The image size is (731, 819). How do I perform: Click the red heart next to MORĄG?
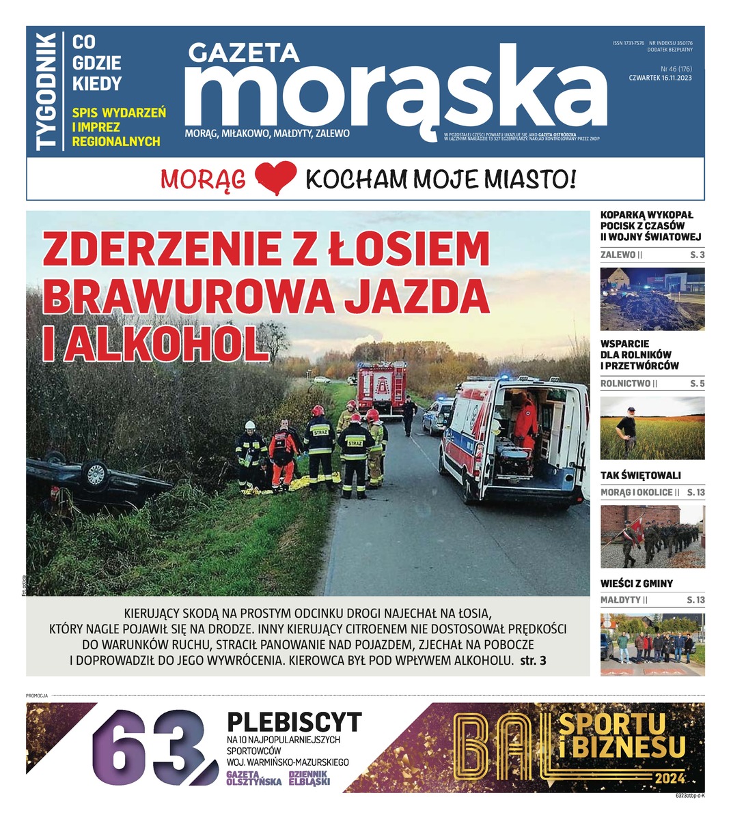point(275,179)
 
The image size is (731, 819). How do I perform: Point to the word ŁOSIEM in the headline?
point(409,250)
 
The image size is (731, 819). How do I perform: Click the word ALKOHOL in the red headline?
point(154,343)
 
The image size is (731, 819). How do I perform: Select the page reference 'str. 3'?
point(534,661)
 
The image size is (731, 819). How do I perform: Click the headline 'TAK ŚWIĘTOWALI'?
point(640,475)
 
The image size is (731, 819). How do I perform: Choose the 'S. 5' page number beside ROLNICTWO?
point(697,384)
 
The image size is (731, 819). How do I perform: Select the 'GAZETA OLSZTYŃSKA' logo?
point(253,778)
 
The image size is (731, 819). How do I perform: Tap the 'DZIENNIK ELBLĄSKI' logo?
point(309,778)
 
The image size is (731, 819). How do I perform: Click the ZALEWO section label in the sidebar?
point(618,255)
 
